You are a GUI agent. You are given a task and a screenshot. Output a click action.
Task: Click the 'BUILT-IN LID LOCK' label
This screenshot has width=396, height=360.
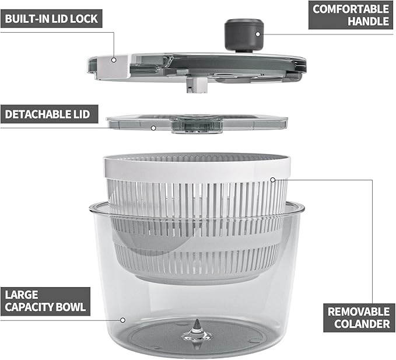coord(51,18)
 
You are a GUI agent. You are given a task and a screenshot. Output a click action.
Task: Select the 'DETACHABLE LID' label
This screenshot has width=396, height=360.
coord(47,113)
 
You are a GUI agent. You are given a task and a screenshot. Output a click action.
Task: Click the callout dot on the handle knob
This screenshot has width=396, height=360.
coord(258,34)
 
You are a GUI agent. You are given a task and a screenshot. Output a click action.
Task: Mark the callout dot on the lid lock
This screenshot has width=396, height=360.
coord(115,59)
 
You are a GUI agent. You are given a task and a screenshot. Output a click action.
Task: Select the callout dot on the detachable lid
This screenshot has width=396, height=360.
coord(153,128)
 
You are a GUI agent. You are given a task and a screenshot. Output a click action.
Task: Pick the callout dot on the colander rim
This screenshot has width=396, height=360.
coord(272,180)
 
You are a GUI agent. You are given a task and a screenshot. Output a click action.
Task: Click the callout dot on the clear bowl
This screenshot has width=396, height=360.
coord(122,319)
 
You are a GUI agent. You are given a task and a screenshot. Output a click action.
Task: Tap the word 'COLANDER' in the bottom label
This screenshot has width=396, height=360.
coord(358,324)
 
